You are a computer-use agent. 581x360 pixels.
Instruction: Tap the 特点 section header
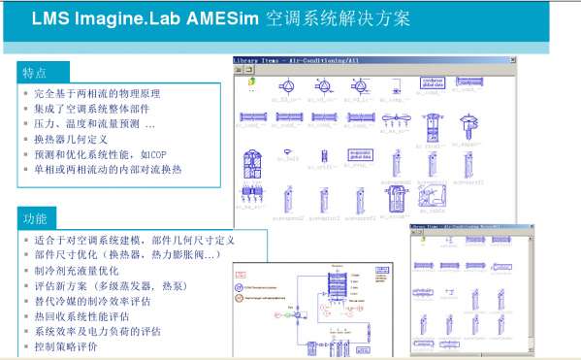tap(35, 73)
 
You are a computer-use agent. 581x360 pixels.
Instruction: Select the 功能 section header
tap(35, 217)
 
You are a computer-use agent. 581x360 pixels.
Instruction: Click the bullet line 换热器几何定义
tap(69, 139)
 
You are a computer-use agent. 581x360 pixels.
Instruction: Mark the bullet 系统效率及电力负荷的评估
tap(97, 331)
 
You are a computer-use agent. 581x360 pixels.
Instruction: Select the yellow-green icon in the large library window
tap(250, 82)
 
